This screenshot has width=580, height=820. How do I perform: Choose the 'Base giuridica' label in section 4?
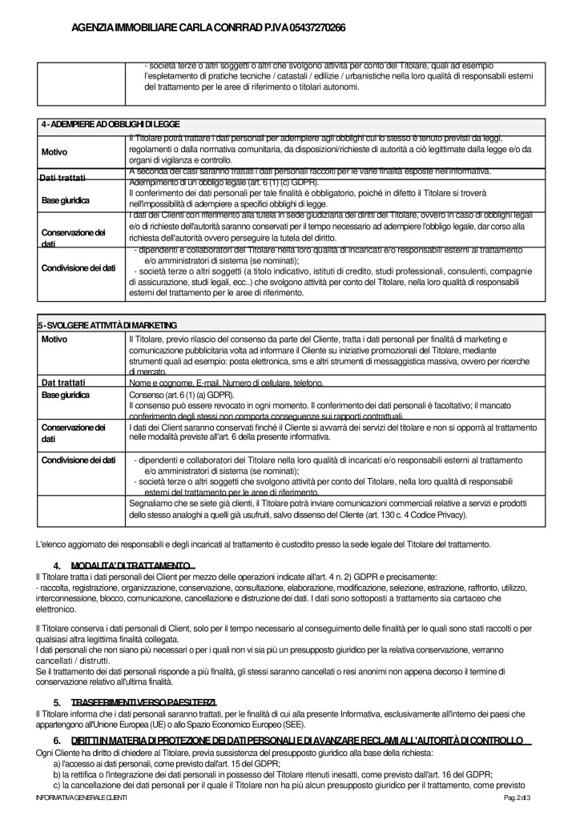[x=66, y=199]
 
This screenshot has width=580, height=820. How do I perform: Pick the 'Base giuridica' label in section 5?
[x=66, y=396]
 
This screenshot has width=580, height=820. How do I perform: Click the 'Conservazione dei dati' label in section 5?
[x=73, y=434]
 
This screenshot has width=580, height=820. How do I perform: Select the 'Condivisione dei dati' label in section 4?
[x=79, y=267]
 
